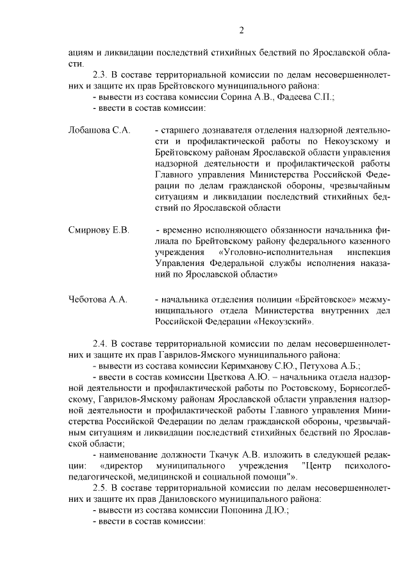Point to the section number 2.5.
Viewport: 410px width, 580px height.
click(x=101, y=488)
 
